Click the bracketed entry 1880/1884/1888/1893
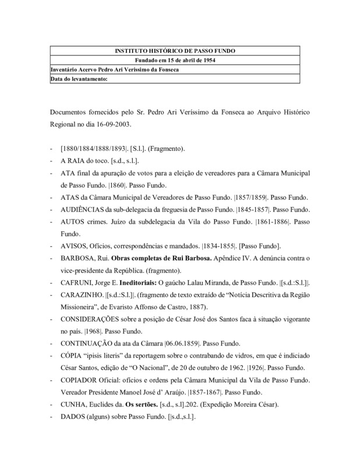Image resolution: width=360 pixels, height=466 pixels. pyautogui.click(x=94, y=149)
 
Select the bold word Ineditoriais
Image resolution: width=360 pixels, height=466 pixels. pyautogui.click(x=147, y=283)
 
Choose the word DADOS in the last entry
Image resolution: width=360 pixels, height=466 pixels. pyautogui.click(x=74, y=416)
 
